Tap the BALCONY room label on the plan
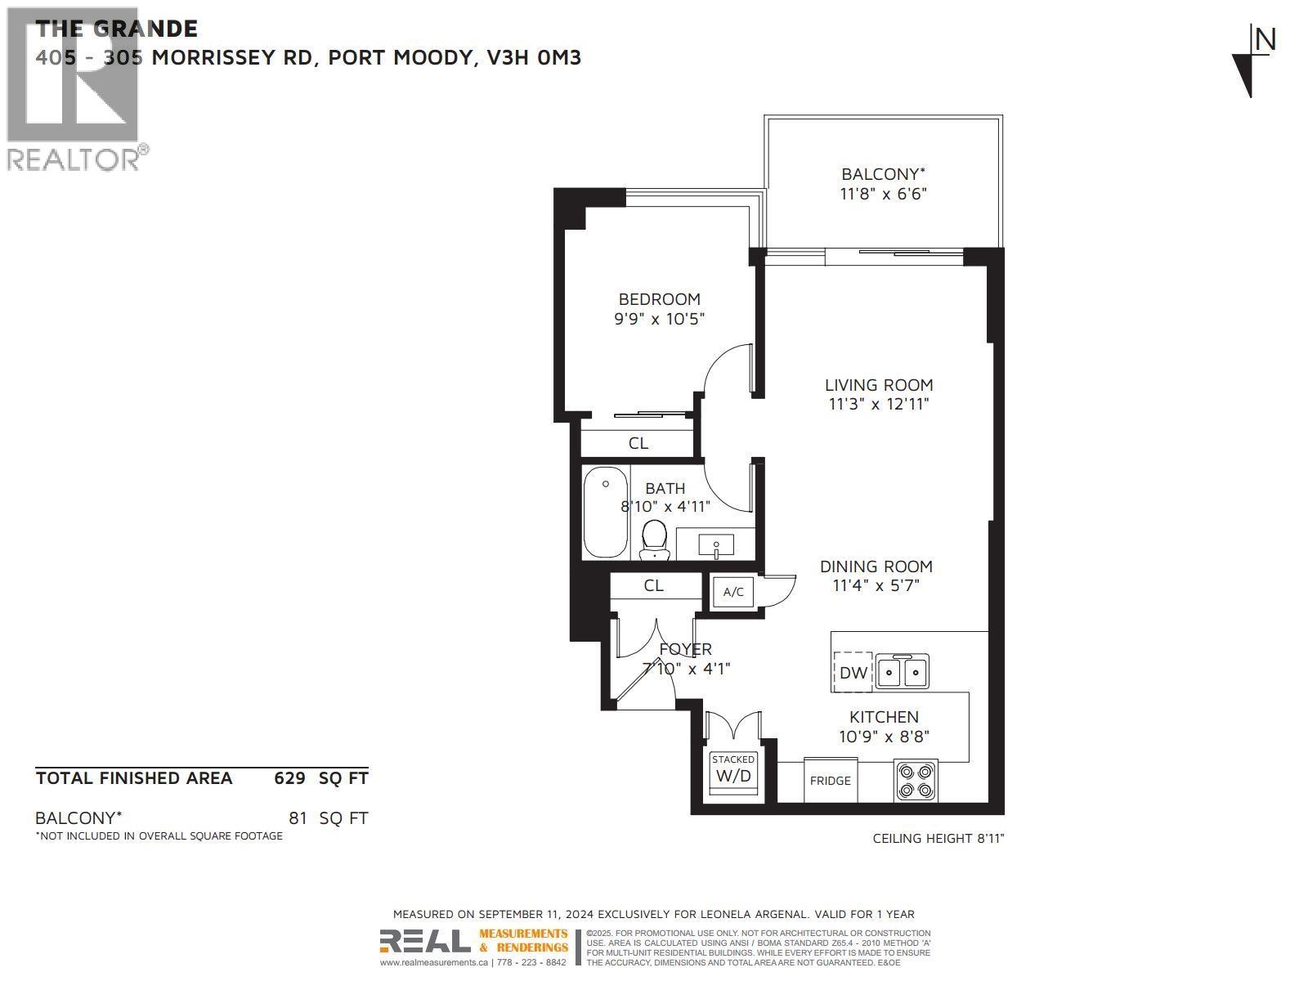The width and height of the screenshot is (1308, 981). (883, 174)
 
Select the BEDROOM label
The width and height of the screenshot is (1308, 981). (659, 299)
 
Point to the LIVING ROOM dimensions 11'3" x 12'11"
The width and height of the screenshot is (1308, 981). (878, 404)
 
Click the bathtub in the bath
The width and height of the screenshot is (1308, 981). (606, 512)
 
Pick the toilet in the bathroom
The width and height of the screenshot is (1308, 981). (654, 540)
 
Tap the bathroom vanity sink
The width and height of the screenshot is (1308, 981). (716, 544)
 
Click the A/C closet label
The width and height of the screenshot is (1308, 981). (733, 592)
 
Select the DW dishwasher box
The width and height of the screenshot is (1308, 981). (853, 672)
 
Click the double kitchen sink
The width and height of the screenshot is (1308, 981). (902, 672)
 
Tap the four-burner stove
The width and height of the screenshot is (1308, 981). (916, 780)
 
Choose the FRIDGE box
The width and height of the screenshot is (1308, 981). (831, 781)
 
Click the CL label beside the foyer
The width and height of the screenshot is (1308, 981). (653, 585)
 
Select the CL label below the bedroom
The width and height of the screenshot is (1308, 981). (638, 443)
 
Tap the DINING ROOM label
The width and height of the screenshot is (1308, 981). (876, 566)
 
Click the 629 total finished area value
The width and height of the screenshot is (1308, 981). (289, 777)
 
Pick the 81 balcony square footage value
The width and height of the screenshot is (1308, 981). (298, 817)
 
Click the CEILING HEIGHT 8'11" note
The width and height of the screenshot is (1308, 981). (938, 838)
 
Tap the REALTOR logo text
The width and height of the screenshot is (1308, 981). (74, 159)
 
